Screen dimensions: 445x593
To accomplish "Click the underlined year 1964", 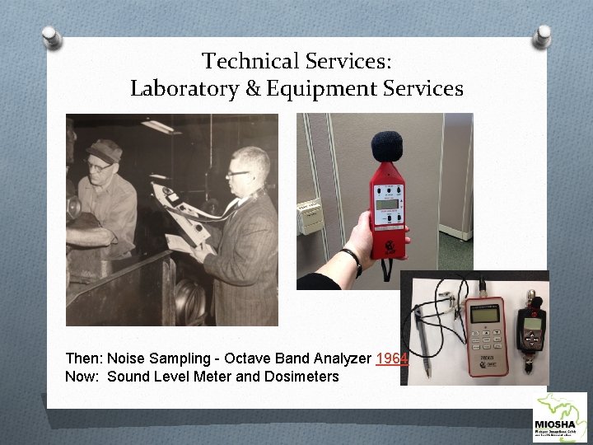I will pyautogui.click(x=391, y=359).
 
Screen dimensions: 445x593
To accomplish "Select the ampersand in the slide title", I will pyautogui.click(x=254, y=89).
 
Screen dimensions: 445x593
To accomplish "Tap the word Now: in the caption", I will pyautogui.click(x=82, y=377).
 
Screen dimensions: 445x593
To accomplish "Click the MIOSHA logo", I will pyautogui.click(x=561, y=418).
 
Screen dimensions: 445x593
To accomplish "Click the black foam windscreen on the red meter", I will pyautogui.click(x=385, y=147).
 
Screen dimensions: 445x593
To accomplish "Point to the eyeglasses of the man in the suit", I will pyautogui.click(x=240, y=172).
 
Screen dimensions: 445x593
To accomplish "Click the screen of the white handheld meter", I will pyautogui.click(x=483, y=314).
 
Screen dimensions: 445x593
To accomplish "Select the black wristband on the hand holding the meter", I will pyautogui.click(x=355, y=262).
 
